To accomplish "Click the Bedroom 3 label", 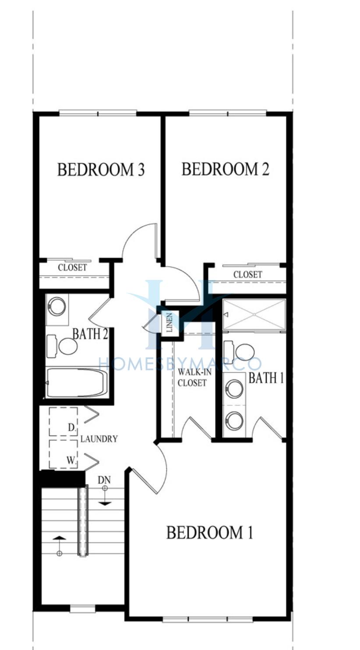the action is [101, 170].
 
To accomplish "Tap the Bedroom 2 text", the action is [226, 169].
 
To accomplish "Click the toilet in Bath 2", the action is [62, 346].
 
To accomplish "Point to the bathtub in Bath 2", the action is [77, 383].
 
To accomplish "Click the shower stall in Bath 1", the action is [254, 314].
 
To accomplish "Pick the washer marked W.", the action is [64, 454].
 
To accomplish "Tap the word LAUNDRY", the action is [99, 439].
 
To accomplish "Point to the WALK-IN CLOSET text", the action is [192, 377].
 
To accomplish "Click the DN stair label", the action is [104, 480].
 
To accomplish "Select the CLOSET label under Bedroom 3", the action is [73, 267].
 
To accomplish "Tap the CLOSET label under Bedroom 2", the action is [248, 274].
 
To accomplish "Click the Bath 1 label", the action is [266, 378].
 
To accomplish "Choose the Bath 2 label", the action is [90, 334].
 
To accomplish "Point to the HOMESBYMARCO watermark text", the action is [180, 364].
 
